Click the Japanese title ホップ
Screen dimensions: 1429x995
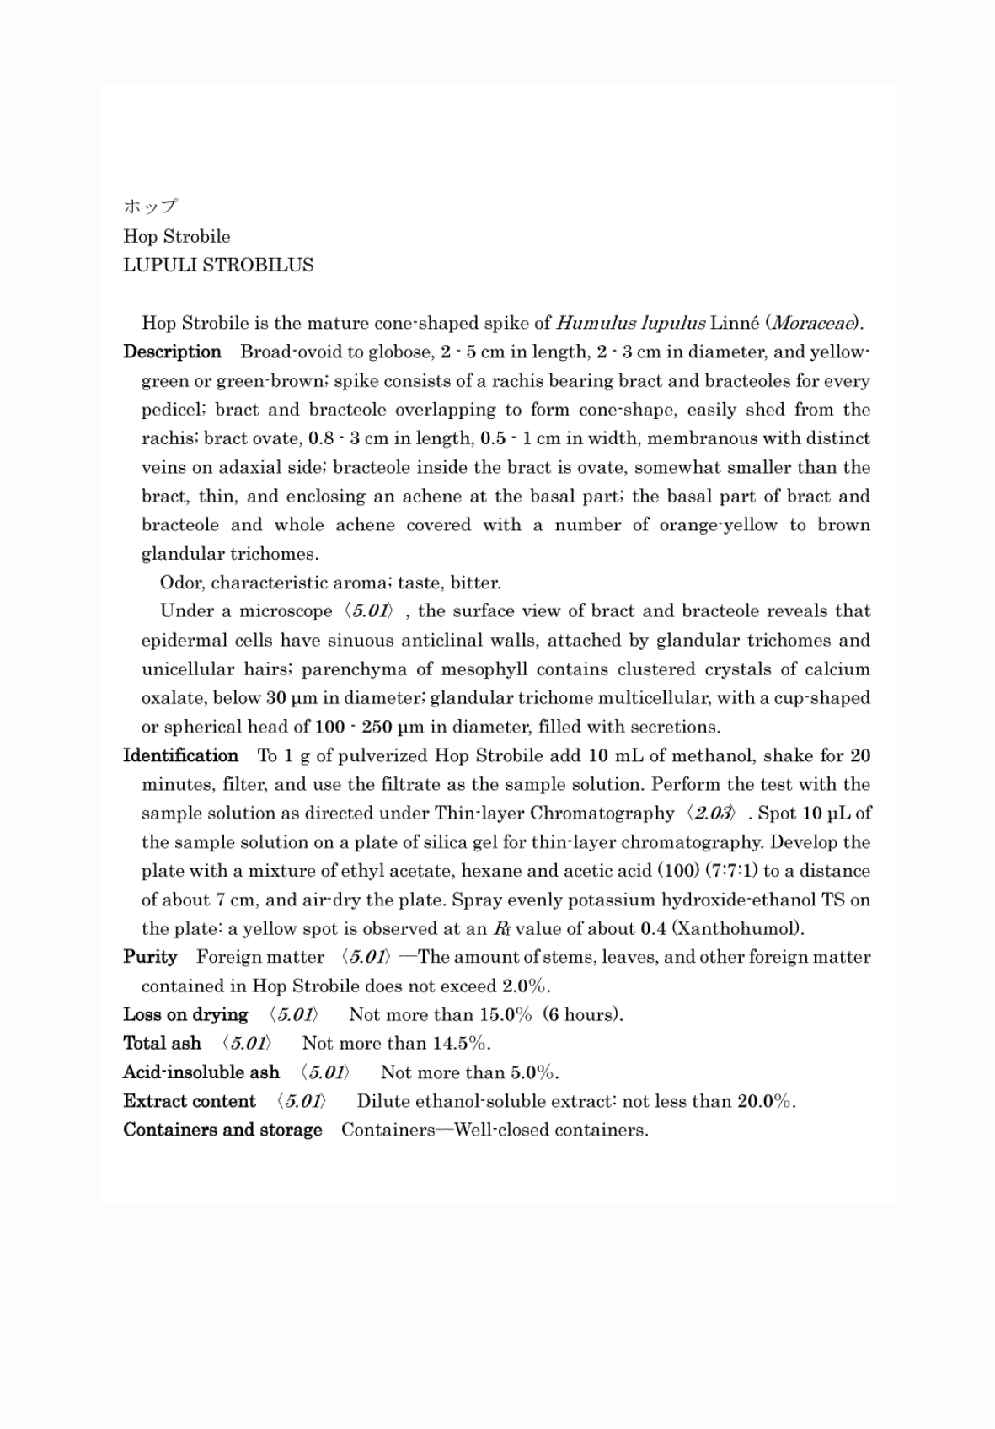(150, 207)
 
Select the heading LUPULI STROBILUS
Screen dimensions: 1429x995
(218, 265)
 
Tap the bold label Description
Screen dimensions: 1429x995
(172, 352)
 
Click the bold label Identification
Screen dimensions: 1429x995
(180, 755)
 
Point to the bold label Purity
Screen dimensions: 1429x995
(150, 957)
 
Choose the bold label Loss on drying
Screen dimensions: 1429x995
(185, 1014)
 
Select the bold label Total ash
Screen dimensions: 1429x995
(162, 1043)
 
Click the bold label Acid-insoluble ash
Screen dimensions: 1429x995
(201, 1072)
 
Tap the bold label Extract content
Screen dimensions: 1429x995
(189, 1101)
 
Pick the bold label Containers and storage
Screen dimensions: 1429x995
(222, 1130)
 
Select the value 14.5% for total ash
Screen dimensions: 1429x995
(460, 1043)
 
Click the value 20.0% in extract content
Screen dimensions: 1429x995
(766, 1101)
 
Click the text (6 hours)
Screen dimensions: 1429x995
(583, 1014)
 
